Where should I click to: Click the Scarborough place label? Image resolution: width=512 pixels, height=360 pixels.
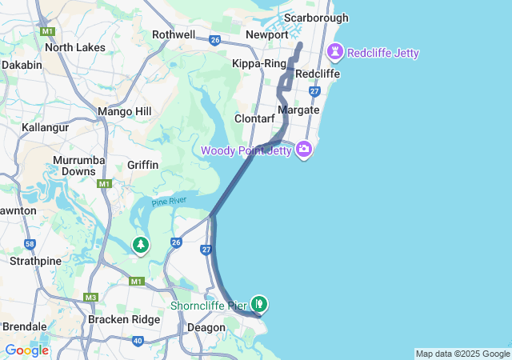(x=317, y=18)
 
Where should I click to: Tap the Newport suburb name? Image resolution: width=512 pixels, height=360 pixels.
(x=267, y=35)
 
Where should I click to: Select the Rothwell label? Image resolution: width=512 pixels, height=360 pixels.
(x=174, y=34)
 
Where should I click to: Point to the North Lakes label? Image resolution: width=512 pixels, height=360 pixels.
(x=75, y=47)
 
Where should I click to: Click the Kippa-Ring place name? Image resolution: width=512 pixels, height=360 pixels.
(x=258, y=63)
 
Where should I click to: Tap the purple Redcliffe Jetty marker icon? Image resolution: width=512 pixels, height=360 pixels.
(x=334, y=53)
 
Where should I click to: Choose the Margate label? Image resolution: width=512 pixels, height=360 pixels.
(x=298, y=110)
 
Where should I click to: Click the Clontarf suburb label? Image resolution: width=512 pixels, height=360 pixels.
(x=254, y=118)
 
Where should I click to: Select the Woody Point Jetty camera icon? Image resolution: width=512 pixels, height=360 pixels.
(x=303, y=149)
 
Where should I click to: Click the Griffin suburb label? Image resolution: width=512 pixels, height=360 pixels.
(x=143, y=165)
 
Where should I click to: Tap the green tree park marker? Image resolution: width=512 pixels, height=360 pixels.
(x=141, y=245)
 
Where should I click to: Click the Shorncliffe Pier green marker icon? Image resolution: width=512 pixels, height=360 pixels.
(x=259, y=304)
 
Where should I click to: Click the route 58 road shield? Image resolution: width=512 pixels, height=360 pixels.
(x=29, y=244)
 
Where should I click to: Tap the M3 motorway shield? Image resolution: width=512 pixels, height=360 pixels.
(x=91, y=298)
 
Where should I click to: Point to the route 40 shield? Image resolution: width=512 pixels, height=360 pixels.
(x=138, y=341)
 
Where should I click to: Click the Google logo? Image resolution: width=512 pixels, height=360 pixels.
(x=26, y=350)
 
